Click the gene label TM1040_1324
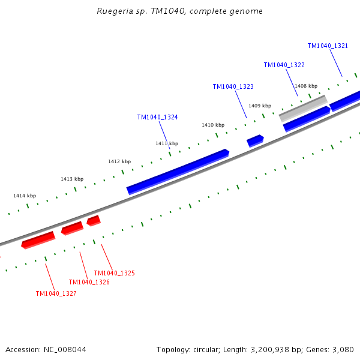(157, 118)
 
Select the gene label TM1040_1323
(233, 87)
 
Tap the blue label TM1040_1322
(284, 65)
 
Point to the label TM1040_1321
(328, 46)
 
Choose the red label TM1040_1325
(114, 273)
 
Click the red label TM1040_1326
(89, 282)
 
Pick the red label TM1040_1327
(56, 293)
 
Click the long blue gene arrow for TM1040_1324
(178, 172)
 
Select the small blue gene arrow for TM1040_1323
(255, 141)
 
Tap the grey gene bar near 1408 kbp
(303, 108)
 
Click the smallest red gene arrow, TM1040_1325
(93, 221)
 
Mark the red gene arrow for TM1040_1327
(38, 240)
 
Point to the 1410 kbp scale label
(213, 125)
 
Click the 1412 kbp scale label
(119, 161)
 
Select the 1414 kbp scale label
(25, 196)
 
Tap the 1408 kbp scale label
(306, 86)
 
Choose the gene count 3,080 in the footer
(343, 349)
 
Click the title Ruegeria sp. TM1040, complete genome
(179, 11)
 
